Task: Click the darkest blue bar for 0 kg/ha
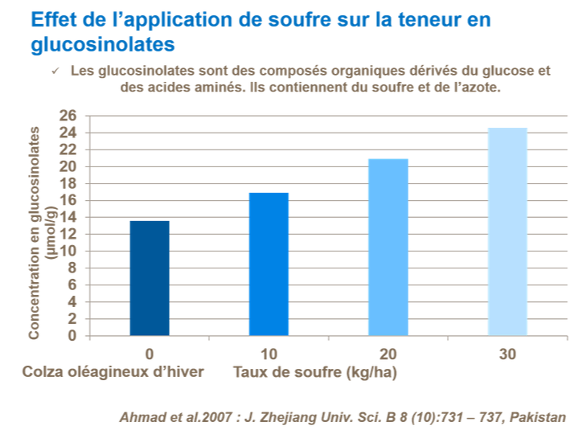pos(150,278)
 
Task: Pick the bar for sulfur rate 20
pos(388,247)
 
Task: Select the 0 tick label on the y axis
pos(72,336)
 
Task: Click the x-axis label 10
pos(269,354)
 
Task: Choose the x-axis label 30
pos(507,354)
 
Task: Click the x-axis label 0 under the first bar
pos(150,354)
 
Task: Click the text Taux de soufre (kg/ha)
pos(315,372)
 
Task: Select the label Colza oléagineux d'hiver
pos(113,372)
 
